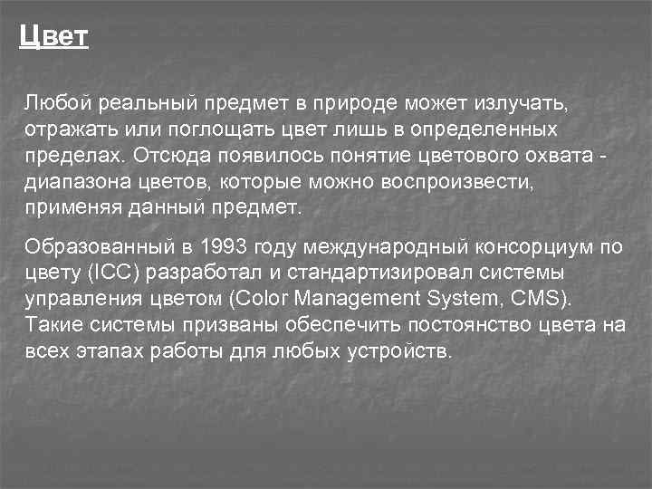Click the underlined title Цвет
pos(53,37)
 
